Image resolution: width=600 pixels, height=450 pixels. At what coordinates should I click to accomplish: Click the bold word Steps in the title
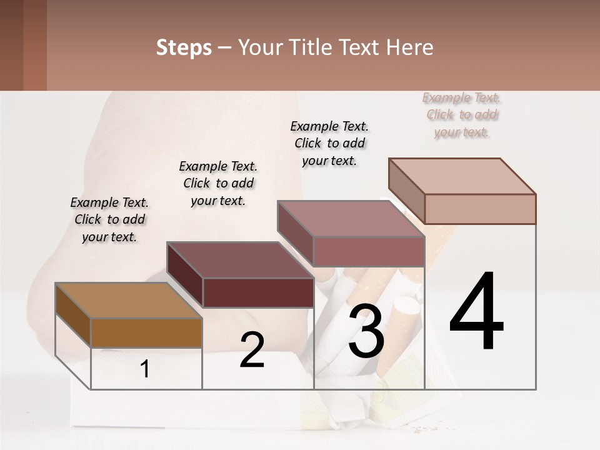click(x=184, y=47)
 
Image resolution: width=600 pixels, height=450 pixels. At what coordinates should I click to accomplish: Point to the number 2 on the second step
click(x=252, y=351)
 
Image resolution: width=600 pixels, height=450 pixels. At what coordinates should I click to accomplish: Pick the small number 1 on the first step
click(x=144, y=369)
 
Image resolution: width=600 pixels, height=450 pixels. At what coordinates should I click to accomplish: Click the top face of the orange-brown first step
click(x=128, y=300)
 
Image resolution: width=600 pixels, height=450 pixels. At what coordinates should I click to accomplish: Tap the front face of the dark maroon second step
click(x=258, y=292)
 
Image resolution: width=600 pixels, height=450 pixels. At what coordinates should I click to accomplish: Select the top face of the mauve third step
click(x=350, y=219)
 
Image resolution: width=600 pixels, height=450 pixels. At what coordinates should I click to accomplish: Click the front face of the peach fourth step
click(x=480, y=209)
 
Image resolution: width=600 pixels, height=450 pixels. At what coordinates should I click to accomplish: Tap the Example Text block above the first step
click(x=109, y=219)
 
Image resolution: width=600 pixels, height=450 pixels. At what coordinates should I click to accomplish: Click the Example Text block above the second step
click(x=218, y=183)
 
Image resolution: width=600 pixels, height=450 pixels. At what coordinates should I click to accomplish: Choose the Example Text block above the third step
click(x=329, y=143)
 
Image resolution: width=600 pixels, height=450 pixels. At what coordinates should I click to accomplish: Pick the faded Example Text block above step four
click(x=462, y=115)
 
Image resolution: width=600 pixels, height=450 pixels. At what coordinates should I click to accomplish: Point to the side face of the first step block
click(x=73, y=314)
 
